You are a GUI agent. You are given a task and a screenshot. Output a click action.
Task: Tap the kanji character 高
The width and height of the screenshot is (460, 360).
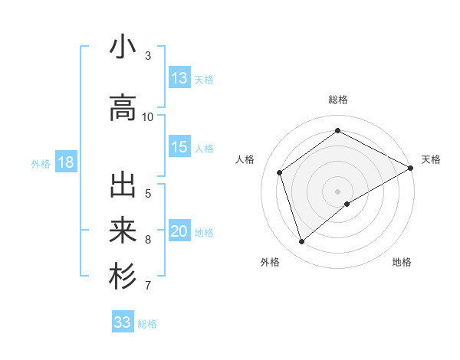pos(123,107)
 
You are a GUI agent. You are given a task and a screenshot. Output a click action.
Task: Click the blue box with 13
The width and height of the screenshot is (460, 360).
pos(179,78)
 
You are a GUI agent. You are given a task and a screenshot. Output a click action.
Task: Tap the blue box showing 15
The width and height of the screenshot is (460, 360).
pos(179,147)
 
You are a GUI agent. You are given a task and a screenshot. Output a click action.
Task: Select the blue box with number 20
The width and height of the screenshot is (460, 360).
pos(179,231)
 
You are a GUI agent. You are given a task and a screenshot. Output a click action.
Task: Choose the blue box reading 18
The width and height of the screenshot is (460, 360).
pos(65,162)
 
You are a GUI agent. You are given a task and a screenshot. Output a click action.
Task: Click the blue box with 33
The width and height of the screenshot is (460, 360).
pos(123,322)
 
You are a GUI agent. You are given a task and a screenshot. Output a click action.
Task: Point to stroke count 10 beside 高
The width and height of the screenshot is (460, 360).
pos(148,116)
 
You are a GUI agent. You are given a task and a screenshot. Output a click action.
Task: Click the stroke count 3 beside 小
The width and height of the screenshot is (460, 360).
pos(148,55)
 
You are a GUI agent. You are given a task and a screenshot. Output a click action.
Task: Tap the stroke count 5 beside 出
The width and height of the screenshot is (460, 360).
pos(148,193)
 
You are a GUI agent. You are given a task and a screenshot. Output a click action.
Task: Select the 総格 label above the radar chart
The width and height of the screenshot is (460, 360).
pos(338,100)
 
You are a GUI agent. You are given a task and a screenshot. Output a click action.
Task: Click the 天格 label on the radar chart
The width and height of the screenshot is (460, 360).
pos(431,159)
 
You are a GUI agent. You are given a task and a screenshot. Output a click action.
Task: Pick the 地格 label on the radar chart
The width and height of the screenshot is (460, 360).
pos(402,262)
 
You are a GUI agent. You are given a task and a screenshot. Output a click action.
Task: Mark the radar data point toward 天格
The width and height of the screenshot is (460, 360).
pos(411,168)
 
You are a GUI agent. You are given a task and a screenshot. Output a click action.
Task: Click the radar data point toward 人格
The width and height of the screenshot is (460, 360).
pos(280,172)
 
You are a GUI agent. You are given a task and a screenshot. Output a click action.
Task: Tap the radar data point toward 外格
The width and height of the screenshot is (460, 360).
pos(302,242)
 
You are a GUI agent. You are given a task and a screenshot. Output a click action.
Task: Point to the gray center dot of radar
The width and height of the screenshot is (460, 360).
pos(338,191)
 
